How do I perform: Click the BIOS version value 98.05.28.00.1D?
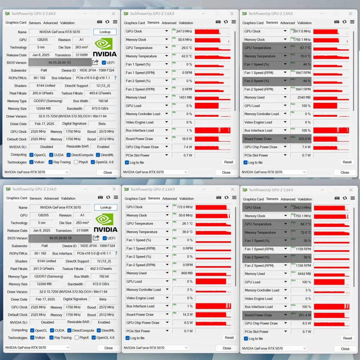tap(60, 63)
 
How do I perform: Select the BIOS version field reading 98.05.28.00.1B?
tap(60, 238)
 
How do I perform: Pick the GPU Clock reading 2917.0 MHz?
tap(302, 31)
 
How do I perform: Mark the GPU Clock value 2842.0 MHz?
tap(302, 208)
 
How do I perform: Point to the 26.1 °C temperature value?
tap(187, 224)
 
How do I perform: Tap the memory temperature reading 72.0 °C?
tap(305, 233)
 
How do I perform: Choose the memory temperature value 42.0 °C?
tap(186, 56)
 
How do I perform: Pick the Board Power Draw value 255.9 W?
tap(304, 139)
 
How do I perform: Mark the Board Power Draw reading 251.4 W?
tap(304, 315)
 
